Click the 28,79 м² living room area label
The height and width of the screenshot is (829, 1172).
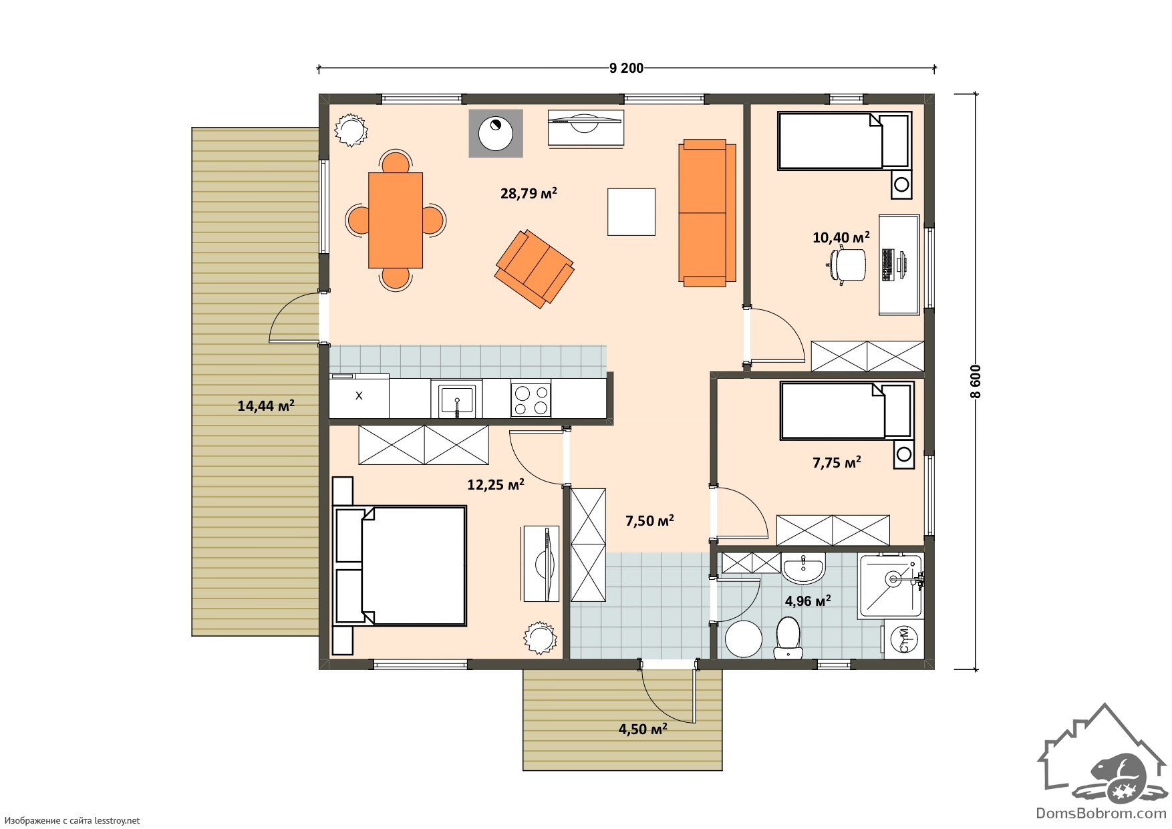pos(529,194)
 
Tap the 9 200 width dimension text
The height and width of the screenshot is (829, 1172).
pos(626,67)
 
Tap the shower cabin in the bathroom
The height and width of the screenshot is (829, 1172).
pos(891,585)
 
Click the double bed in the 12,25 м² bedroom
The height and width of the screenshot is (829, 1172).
pos(400,566)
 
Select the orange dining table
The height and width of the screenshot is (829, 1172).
pos(396,220)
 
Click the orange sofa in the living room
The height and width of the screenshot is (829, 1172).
pos(707,213)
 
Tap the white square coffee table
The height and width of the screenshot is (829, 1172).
pos(631,212)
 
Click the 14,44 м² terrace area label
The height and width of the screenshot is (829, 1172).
pos(266,405)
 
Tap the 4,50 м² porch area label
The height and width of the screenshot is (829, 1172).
pos(643,729)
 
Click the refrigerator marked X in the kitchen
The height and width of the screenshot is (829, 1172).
pos(359,395)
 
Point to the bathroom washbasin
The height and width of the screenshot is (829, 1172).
pos(804,568)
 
